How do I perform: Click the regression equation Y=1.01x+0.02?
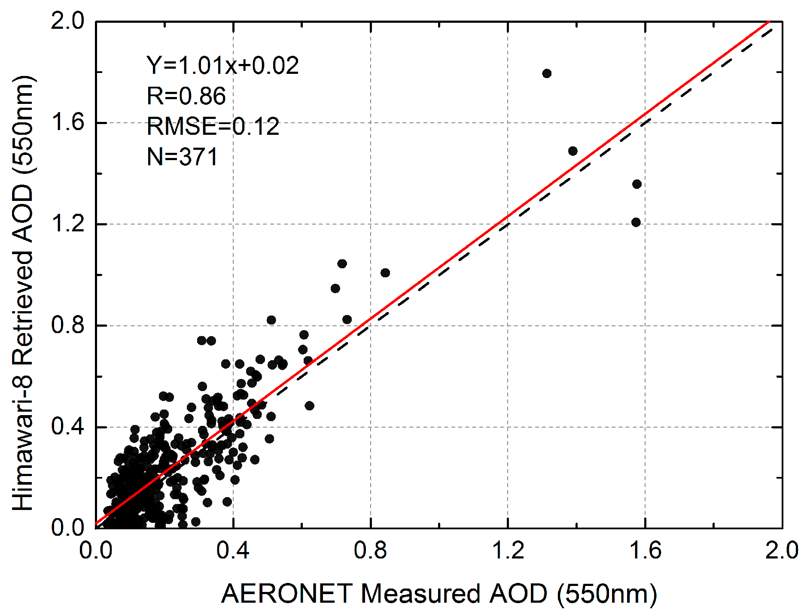pos(222,66)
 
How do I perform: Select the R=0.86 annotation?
pos(186,96)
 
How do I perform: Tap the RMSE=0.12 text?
pos(213,126)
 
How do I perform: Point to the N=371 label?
pos(183,157)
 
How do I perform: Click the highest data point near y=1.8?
pos(547,73)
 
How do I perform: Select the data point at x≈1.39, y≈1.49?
pos(573,151)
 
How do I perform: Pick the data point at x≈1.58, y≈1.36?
pos(637,184)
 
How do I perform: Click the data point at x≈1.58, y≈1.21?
pos(636,222)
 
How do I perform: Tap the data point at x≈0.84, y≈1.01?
pos(385,273)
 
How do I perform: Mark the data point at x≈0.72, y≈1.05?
pos(342,264)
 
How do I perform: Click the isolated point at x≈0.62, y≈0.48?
pos(309,406)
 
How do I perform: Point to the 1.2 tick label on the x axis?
pos(508,550)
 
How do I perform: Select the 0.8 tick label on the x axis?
pos(370,550)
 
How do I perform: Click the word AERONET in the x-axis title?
pos(287,594)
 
